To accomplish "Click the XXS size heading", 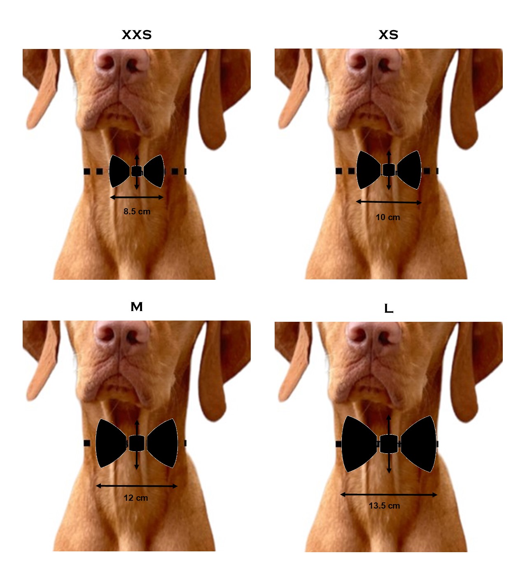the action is click(x=137, y=35).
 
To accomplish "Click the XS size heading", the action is click(x=388, y=35).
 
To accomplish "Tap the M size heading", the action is click(x=137, y=307).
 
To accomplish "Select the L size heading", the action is click(x=389, y=309).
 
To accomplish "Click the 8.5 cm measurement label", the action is click(x=137, y=211).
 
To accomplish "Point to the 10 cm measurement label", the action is click(x=388, y=217).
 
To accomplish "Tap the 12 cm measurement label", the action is click(x=136, y=498).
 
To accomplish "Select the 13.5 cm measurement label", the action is click(x=384, y=506).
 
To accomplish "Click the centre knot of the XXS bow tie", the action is click(x=137, y=171).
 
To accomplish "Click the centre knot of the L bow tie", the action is click(x=389, y=444).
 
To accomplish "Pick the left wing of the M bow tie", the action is click(x=110, y=443).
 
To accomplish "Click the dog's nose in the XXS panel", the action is click(x=122, y=62).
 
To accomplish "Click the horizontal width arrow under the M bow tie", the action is click(x=137, y=486).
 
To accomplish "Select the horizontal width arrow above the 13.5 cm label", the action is click(x=389, y=495).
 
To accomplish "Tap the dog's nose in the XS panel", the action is click(x=373, y=62).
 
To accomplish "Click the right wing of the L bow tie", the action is click(x=418, y=444).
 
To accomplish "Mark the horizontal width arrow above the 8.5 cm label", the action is click(x=137, y=197).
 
